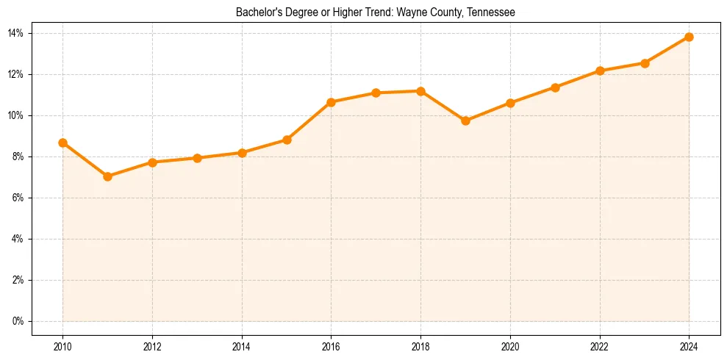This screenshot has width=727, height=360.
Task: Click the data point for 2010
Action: pos(63,143)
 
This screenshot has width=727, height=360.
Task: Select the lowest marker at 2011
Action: pos(107,176)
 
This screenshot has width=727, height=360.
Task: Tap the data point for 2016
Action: pos(331,102)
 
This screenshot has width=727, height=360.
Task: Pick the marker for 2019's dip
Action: pos(465,120)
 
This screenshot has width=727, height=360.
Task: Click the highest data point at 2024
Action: pos(689,37)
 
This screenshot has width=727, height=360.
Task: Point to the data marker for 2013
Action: pos(197,158)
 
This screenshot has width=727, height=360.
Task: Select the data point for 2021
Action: pos(555,87)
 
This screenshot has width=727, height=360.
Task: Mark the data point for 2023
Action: pos(645,63)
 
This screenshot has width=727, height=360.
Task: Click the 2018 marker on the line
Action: pos(420,91)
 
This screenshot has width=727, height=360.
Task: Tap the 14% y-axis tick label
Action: pos(16,33)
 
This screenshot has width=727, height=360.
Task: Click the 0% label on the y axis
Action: pos(18,321)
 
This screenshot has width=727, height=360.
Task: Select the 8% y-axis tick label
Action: pos(18,156)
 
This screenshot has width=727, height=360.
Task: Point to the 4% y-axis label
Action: pos(18,239)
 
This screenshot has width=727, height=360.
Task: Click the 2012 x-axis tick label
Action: pos(152,347)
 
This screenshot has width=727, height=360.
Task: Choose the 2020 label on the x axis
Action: pos(510,347)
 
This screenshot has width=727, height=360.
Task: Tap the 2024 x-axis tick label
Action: pos(689,347)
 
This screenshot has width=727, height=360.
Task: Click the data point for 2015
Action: pos(287,140)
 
